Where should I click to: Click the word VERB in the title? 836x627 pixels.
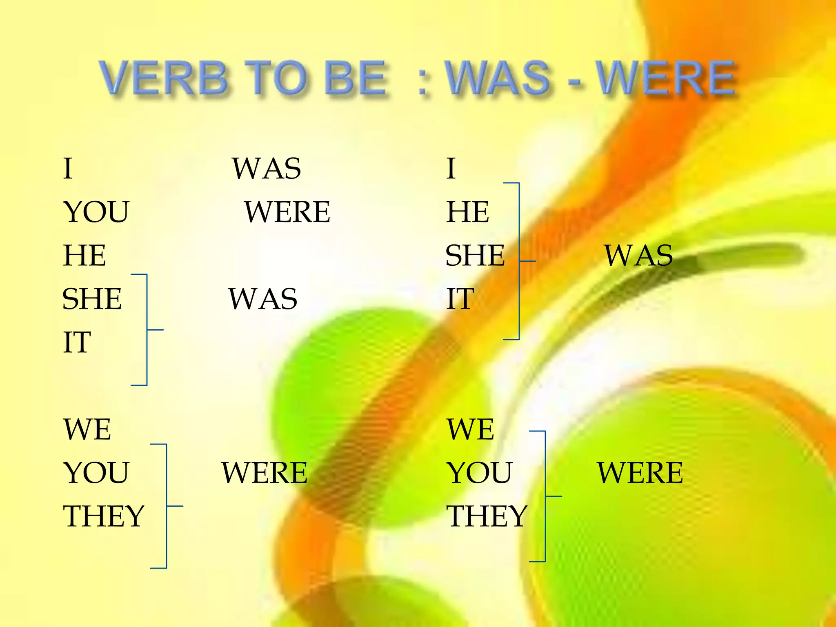163,78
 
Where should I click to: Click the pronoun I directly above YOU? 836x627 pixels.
68,169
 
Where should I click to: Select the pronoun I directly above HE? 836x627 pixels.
451,169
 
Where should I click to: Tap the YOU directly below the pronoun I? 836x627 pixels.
96,212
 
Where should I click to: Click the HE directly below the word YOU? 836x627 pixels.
84,255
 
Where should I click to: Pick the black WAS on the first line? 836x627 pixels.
267,169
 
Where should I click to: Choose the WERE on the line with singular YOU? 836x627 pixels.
287,212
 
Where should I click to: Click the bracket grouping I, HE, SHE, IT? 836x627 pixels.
518,261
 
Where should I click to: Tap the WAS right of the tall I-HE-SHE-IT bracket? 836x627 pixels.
638,256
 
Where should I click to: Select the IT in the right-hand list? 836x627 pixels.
460,299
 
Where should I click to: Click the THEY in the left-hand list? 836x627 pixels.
104,516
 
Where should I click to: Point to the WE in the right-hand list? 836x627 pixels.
471,429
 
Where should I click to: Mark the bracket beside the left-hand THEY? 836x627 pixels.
166,506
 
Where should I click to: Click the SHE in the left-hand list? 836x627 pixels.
92,299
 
